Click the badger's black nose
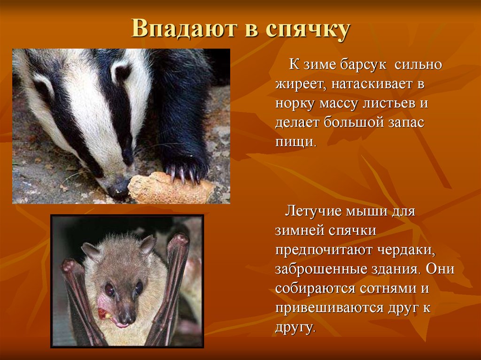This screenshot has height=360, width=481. pyautogui.click(x=118, y=188)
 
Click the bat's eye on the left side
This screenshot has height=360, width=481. pyautogui.click(x=109, y=290)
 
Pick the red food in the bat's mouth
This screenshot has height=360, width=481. pyautogui.click(x=103, y=314)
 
